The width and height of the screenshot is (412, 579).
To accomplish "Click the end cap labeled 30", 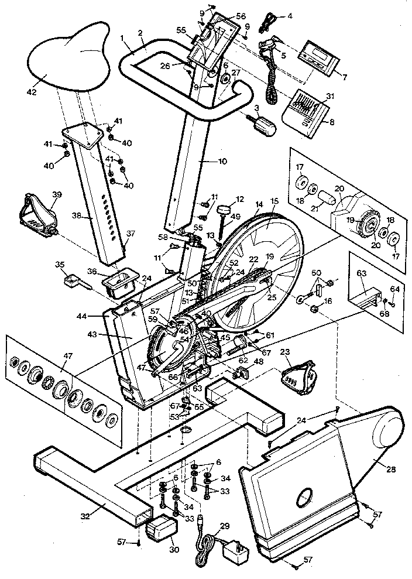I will tap(162, 532).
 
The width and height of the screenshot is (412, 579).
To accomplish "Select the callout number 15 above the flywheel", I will tap(274, 201).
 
